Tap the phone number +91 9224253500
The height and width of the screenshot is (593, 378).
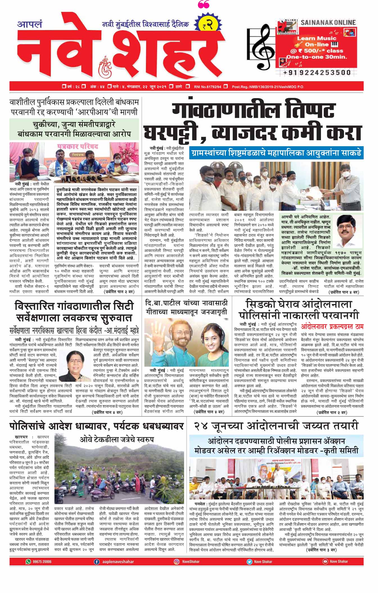(317, 73)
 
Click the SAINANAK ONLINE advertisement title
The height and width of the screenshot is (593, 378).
(328, 22)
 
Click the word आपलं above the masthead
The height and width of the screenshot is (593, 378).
(30, 24)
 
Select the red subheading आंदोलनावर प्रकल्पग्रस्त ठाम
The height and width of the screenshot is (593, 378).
(332, 326)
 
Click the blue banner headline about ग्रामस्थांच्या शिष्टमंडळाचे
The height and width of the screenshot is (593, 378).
(276, 153)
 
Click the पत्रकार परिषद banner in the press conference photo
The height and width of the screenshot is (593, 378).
(78, 147)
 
